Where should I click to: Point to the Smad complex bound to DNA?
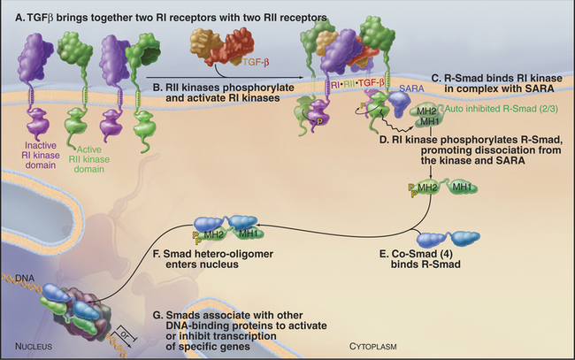[x=74, y=307]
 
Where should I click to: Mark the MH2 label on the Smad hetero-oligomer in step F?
[x=212, y=234]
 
